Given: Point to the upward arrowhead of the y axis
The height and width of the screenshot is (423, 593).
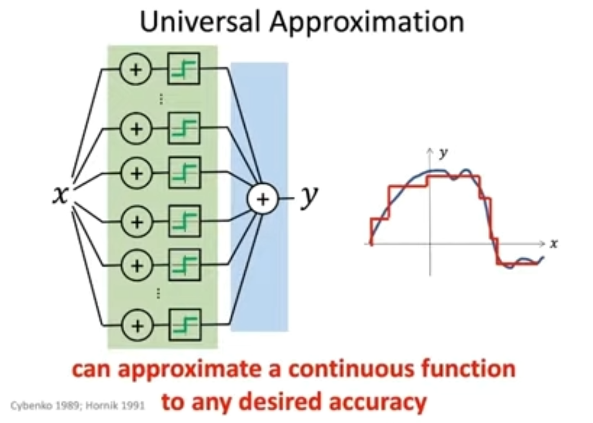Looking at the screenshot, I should (431, 151).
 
